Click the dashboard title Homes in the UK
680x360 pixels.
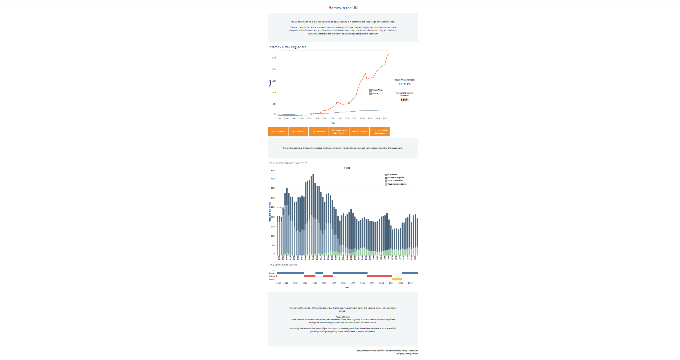(x=343, y=8)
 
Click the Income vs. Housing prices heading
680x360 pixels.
(x=287, y=47)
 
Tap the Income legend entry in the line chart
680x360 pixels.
(x=375, y=94)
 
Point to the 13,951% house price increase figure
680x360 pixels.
(x=404, y=84)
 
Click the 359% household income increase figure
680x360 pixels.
(x=404, y=100)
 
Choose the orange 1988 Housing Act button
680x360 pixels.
(x=359, y=132)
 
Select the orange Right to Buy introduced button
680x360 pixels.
(x=339, y=132)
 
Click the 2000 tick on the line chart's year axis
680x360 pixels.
(x=355, y=118)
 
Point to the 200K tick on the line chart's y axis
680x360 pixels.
(x=274, y=69)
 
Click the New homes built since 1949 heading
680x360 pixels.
(x=289, y=163)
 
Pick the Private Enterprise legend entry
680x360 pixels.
(x=396, y=178)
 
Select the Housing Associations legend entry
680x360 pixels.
(x=397, y=184)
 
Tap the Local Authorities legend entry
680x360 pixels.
(x=395, y=181)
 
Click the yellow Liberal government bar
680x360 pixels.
(x=397, y=279)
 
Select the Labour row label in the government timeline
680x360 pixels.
(x=272, y=276)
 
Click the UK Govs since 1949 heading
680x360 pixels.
(x=282, y=265)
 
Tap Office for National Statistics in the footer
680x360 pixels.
(x=372, y=351)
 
